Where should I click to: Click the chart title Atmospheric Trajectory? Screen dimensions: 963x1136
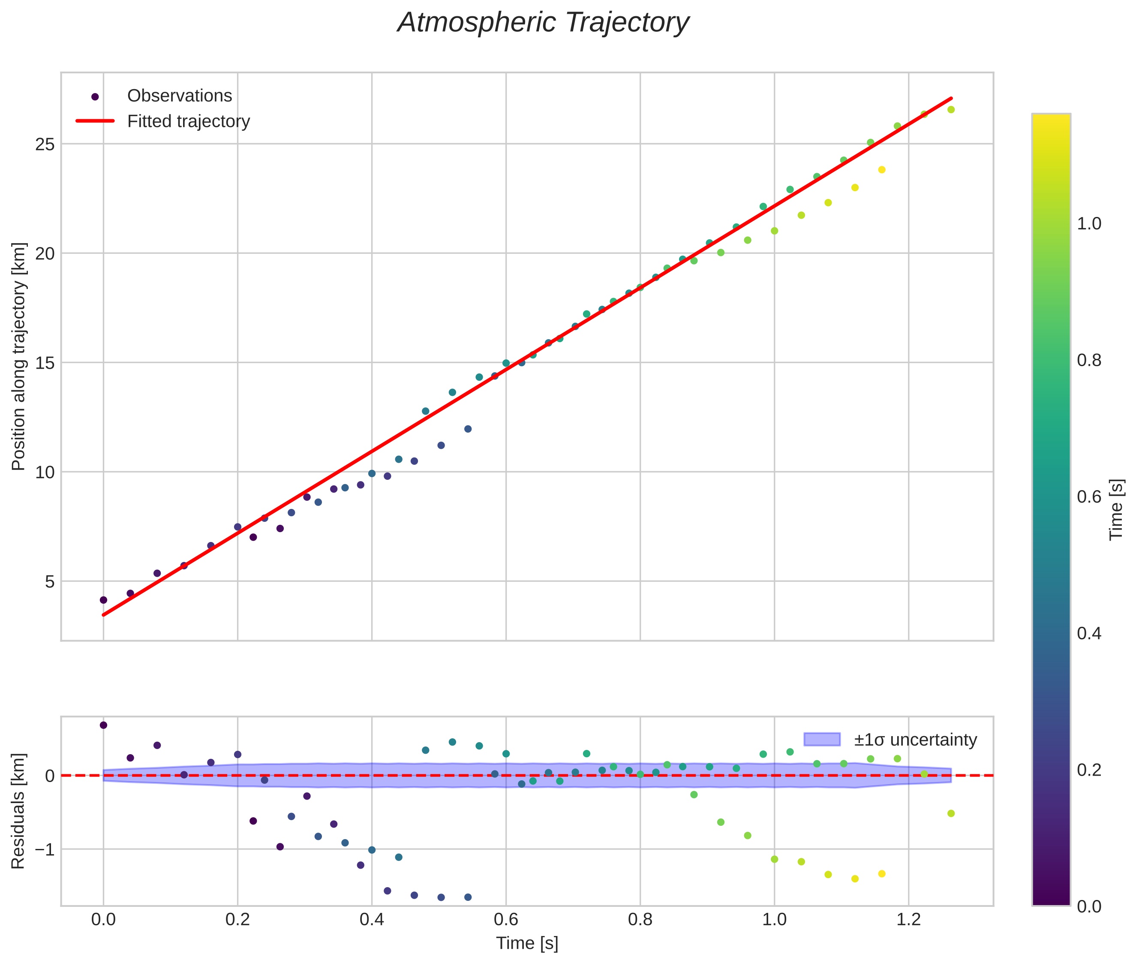click(543, 23)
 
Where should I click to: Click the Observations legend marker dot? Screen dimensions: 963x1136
click(95, 96)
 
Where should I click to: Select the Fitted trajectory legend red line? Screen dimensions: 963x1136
click(95, 120)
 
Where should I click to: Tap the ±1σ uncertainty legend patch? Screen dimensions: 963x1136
click(822, 739)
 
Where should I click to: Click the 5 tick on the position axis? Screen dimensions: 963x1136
click(50, 581)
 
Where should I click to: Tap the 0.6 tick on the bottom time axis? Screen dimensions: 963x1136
click(505, 919)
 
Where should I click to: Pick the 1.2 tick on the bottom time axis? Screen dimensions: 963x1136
click(908, 919)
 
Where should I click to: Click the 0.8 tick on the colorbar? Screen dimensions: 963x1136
click(1088, 360)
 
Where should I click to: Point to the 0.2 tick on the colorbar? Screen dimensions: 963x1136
click(1088, 770)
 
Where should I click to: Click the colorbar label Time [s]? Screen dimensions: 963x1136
click(1117, 509)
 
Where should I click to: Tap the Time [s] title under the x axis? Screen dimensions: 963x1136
click(527, 943)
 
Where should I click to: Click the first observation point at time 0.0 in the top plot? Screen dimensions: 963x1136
click(103, 600)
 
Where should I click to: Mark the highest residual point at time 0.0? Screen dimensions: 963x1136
click(103, 725)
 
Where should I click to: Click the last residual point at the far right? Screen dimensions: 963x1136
click(951, 813)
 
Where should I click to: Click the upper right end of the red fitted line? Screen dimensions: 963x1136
click(951, 99)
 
